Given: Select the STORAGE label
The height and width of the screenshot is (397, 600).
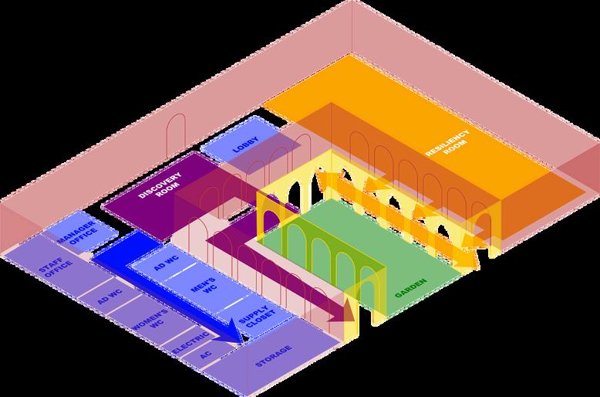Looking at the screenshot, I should (273, 359).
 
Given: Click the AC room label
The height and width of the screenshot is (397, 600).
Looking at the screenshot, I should (205, 356).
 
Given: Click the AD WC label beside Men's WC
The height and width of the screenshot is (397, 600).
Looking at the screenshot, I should (166, 262).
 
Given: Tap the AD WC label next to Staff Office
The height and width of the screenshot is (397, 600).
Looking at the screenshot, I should (109, 295).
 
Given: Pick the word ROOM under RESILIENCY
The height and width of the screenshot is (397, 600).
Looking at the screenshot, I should (457, 154).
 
